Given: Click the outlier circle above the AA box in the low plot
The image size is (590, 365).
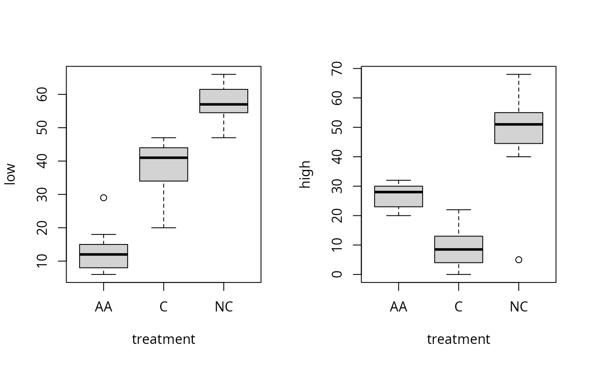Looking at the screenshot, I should tap(104, 198).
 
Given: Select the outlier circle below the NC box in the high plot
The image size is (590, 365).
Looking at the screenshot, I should tap(519, 260).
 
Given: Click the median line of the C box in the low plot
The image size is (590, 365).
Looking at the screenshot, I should tap(164, 158).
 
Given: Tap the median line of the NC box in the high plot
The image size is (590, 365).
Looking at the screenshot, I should tap(519, 124).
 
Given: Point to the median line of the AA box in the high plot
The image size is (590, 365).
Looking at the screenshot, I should tap(399, 192).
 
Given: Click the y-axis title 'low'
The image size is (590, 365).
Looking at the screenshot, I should tap(10, 174).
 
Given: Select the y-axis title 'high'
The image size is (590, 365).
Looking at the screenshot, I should tap(305, 174).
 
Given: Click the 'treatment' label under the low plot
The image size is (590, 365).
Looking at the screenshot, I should tap(164, 339).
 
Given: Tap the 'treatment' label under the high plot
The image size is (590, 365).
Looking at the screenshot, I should tap(459, 339).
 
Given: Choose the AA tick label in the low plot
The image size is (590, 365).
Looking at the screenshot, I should tap(104, 307).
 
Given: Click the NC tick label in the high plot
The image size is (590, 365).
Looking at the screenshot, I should tap(519, 307).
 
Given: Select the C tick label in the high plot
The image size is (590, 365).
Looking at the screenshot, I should tap(459, 307).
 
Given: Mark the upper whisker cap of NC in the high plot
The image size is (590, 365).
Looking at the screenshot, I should tap(519, 74).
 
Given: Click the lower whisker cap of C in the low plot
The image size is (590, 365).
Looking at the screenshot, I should tap(164, 228).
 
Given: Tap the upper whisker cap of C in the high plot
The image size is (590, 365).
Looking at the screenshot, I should tap(459, 209).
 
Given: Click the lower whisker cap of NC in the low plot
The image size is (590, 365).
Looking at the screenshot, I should tap(224, 138).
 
